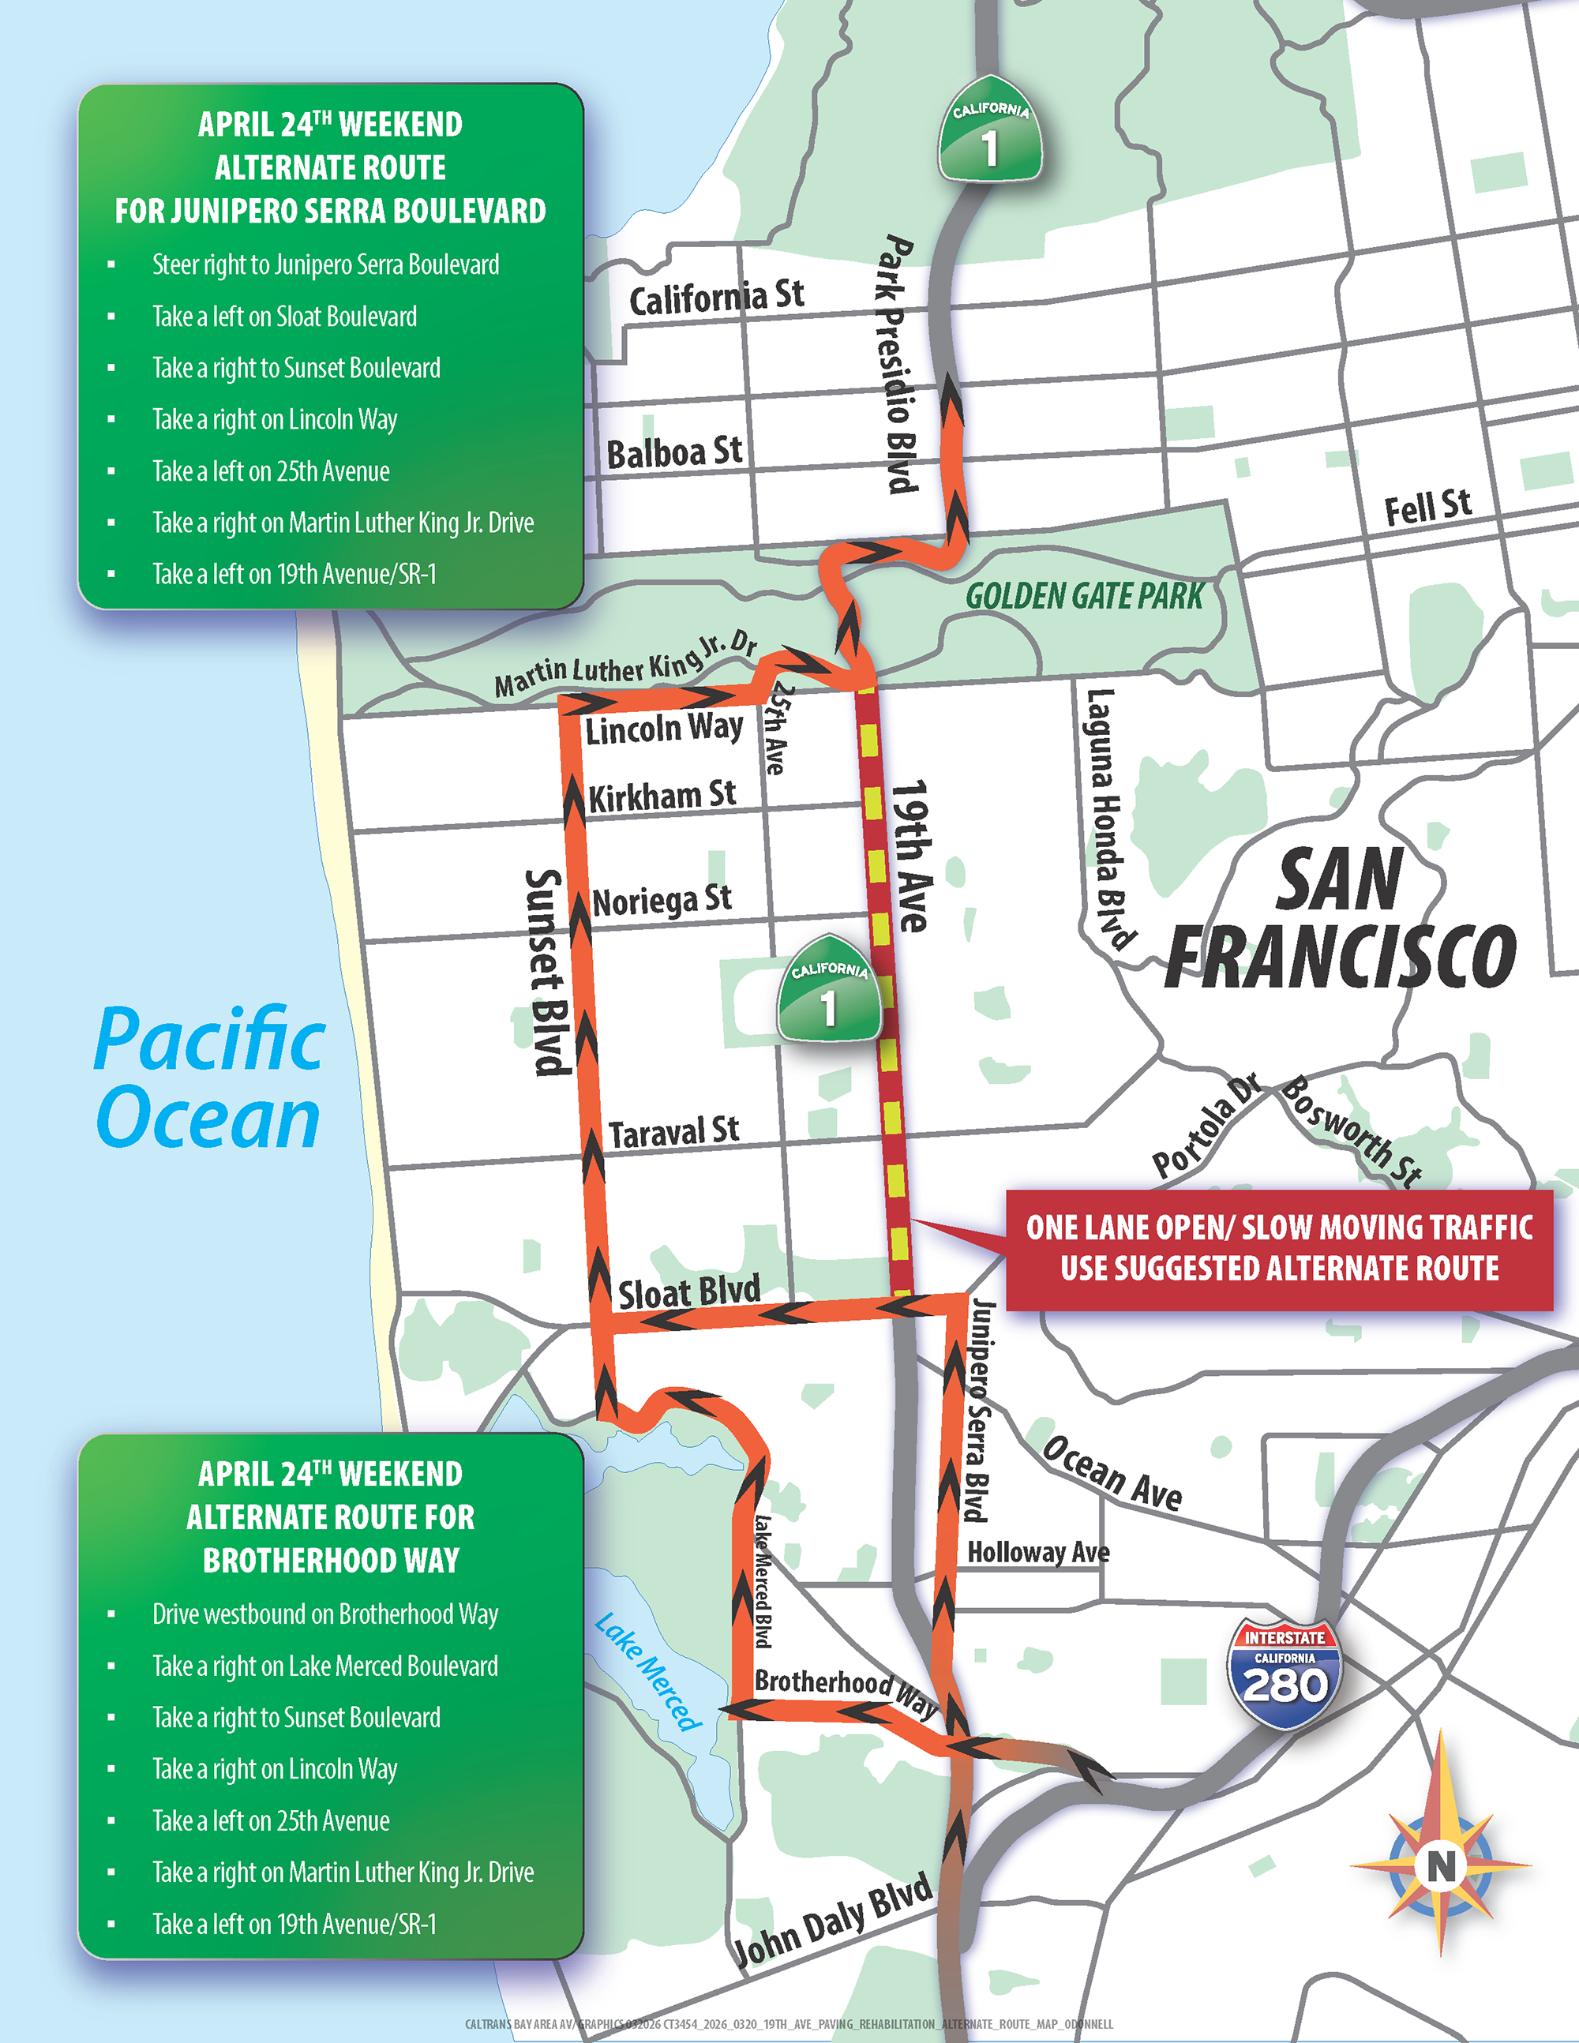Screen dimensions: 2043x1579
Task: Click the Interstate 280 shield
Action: [1284, 1674]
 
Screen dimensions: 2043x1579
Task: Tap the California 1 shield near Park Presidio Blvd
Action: [990, 132]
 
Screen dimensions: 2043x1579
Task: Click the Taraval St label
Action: [673, 1132]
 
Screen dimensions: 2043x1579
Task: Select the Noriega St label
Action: [662, 901]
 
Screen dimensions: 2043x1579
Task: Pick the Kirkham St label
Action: [662, 796]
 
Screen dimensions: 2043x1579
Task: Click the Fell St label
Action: [1427, 507]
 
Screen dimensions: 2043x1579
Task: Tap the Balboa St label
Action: [674, 453]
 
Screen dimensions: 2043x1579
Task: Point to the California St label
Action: [715, 298]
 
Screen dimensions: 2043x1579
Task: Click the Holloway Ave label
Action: [1038, 1553]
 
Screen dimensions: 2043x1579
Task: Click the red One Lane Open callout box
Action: [1279, 1248]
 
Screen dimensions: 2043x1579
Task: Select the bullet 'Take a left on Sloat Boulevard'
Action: [284, 317]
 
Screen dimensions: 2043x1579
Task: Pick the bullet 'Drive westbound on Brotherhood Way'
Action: [324, 1614]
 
